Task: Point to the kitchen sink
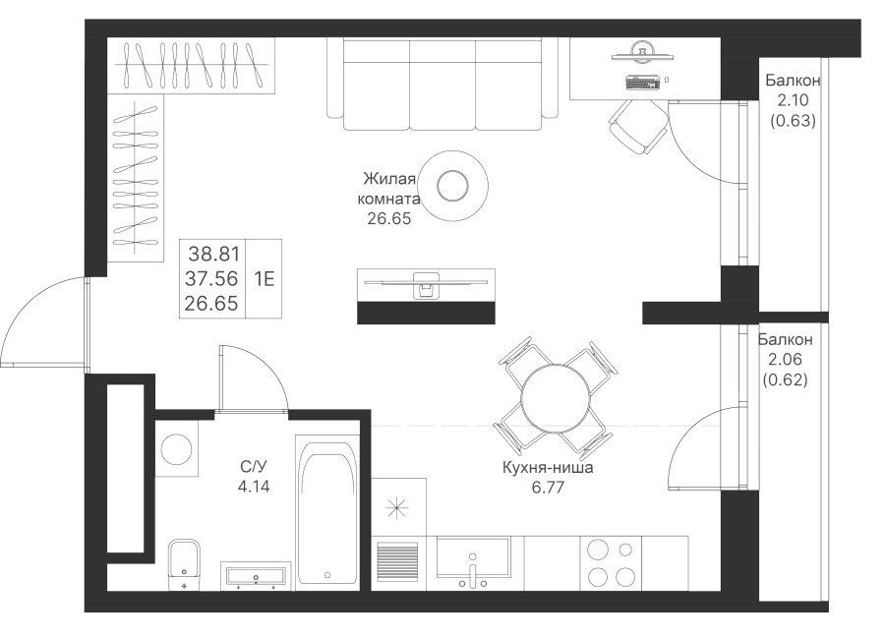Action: pos(473,563)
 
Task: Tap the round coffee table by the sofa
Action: pos(453,185)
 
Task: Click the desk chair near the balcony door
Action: pos(638,125)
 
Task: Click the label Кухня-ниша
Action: pos(547,469)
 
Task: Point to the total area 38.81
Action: pos(212,254)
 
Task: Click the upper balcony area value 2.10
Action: pos(794,101)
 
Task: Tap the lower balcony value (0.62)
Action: pos(786,380)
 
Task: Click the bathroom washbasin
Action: pos(256,574)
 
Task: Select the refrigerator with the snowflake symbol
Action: pos(398,507)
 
